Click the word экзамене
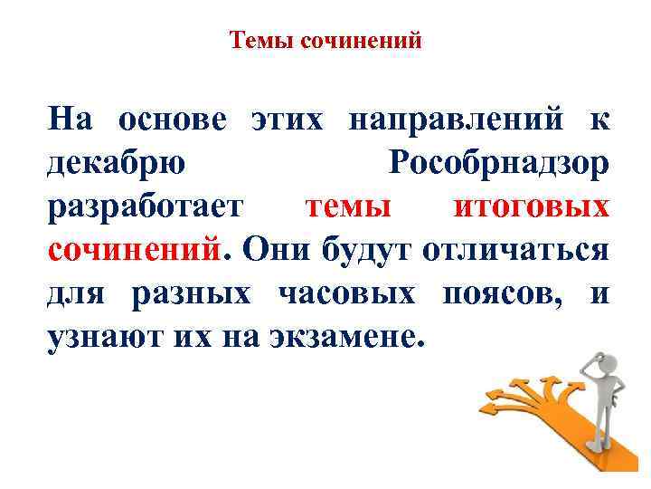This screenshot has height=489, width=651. tap(343, 337)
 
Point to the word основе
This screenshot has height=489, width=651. tap(174, 120)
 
